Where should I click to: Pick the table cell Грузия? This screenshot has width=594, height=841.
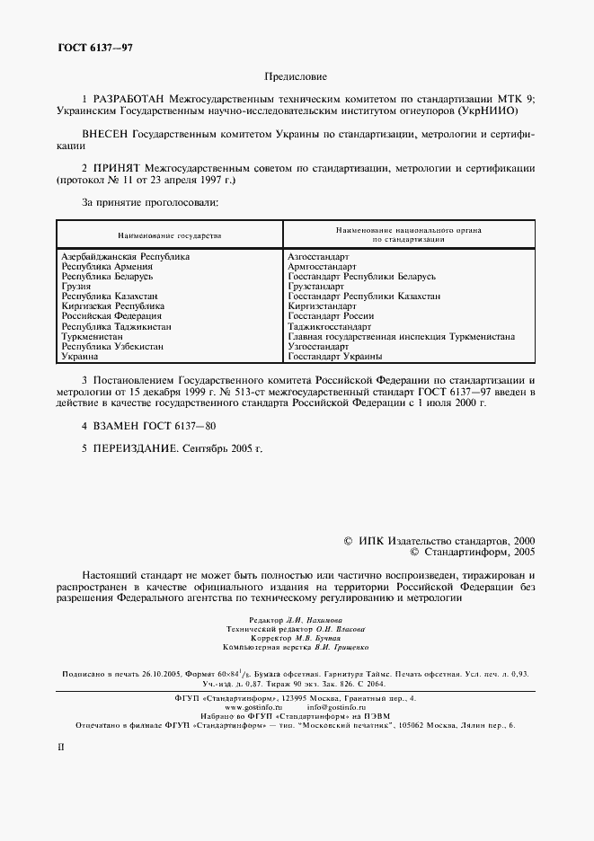click(76, 287)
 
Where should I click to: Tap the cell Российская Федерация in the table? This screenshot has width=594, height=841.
click(111, 316)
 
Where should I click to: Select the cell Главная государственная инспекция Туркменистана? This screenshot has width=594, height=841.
click(400, 336)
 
